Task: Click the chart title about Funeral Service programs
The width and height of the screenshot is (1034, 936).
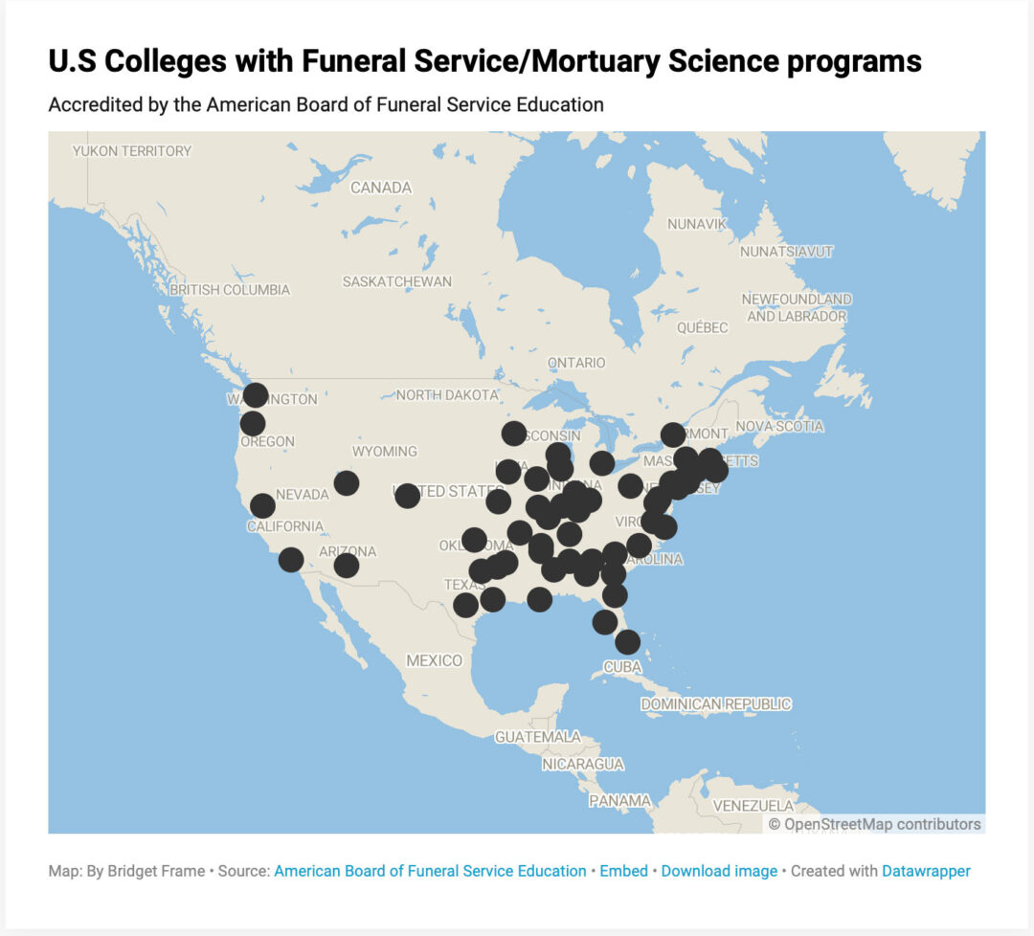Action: [x=484, y=61]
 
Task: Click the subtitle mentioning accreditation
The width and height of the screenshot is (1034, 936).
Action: [x=326, y=104]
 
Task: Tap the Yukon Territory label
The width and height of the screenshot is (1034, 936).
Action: [x=132, y=150]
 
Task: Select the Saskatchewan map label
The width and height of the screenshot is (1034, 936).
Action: [x=396, y=281]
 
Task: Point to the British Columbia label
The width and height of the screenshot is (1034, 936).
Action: [x=229, y=289]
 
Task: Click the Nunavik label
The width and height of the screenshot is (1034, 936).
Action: [x=697, y=224]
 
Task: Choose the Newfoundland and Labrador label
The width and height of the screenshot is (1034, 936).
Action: [x=797, y=307]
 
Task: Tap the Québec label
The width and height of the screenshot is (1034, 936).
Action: [x=702, y=327]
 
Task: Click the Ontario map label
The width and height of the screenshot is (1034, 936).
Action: [x=576, y=363]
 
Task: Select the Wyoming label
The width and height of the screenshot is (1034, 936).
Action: [x=385, y=451]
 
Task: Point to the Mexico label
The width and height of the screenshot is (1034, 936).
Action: [x=434, y=660]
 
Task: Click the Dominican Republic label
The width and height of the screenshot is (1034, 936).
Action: [x=715, y=704]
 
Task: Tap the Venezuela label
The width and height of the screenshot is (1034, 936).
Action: [x=753, y=805]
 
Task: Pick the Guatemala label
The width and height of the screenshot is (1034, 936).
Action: [x=537, y=737]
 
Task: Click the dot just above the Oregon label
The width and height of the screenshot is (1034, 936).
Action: [x=253, y=423]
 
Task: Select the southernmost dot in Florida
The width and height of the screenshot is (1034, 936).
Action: [x=627, y=642]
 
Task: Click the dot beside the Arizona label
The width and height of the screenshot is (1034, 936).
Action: [x=347, y=566]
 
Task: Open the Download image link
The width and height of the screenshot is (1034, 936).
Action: [x=719, y=871]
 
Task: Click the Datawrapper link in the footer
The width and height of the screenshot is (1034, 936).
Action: [x=926, y=871]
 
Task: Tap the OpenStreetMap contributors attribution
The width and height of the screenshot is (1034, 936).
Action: [x=874, y=824]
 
